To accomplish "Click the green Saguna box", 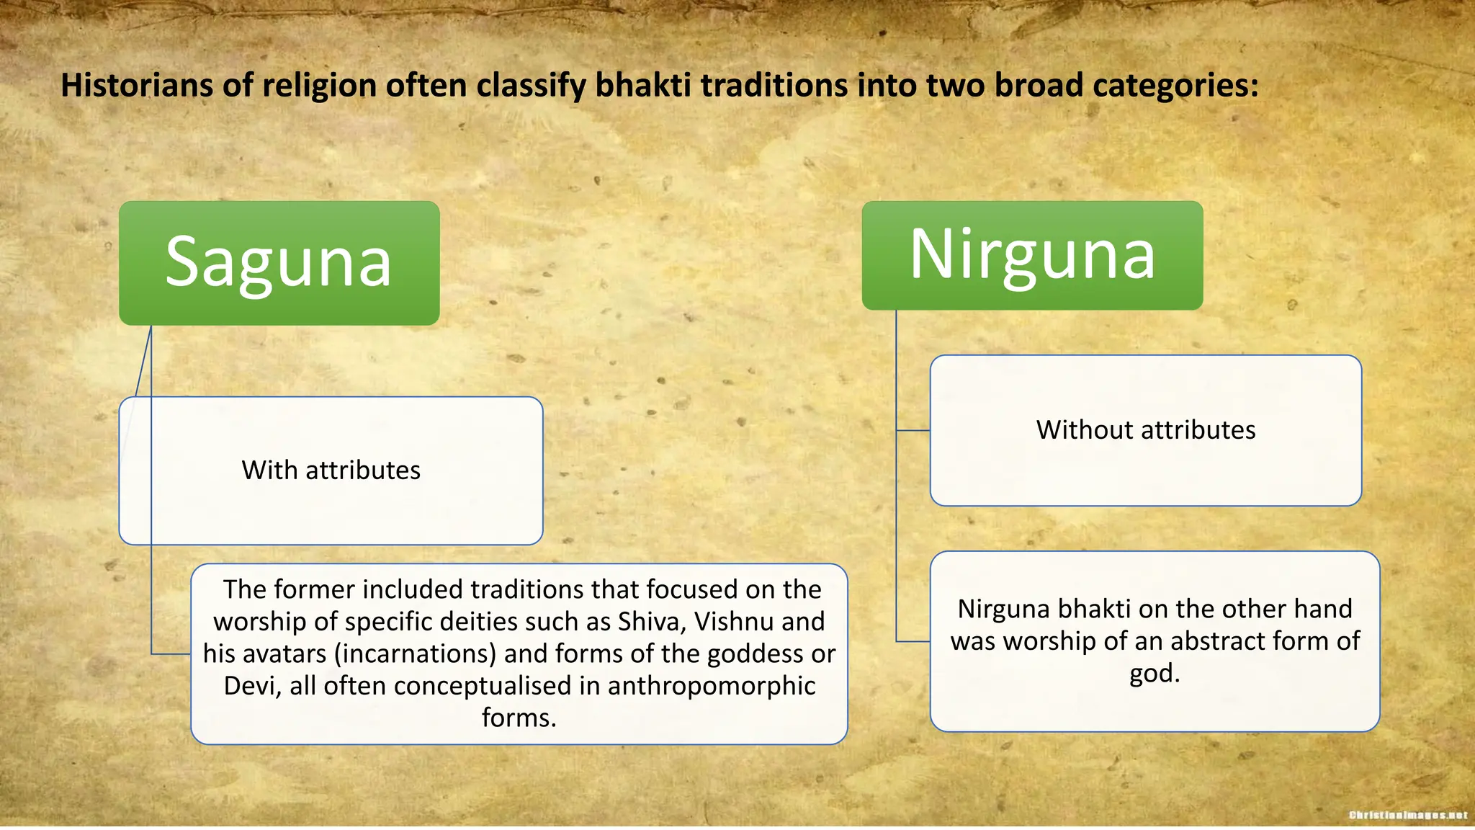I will pyautogui.click(x=279, y=263).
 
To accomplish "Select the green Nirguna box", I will pyautogui.click(x=1032, y=255).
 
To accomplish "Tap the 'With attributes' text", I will pyautogui.click(x=331, y=470).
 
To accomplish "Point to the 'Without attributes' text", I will pyautogui.click(x=1146, y=430).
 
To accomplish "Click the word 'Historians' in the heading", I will pyautogui.click(x=137, y=86).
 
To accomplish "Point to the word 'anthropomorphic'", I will pyautogui.click(x=711, y=686).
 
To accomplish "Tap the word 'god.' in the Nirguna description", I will pyautogui.click(x=1155, y=674).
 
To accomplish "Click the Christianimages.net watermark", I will pyautogui.click(x=1407, y=815).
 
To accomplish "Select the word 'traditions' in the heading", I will pyautogui.click(x=774, y=86).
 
